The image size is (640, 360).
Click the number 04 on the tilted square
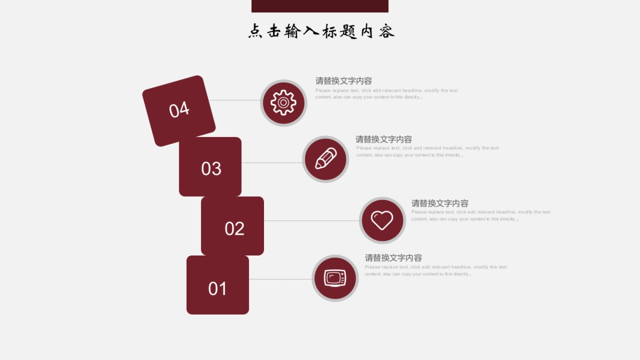(x=179, y=109)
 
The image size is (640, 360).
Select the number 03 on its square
(x=211, y=169)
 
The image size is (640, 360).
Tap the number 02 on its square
(x=234, y=228)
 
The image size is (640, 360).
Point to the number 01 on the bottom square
(x=218, y=289)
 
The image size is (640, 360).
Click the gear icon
(x=283, y=102)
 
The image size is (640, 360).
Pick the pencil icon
(x=325, y=159)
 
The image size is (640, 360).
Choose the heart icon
(x=382, y=220)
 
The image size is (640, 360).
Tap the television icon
(x=335, y=278)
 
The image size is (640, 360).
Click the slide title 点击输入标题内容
(x=321, y=31)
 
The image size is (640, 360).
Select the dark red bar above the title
(x=319, y=6)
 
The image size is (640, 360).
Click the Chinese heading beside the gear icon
(x=343, y=81)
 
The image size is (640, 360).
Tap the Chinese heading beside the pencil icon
(x=383, y=139)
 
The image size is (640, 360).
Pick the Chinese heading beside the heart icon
(x=439, y=203)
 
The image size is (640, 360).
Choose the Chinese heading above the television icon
(x=393, y=258)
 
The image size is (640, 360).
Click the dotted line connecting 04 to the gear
(x=235, y=100)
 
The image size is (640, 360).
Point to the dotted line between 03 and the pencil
(x=271, y=163)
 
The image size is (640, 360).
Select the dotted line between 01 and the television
(x=280, y=279)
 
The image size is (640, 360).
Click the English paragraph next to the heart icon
(x=480, y=215)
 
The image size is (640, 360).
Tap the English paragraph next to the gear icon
(x=386, y=94)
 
